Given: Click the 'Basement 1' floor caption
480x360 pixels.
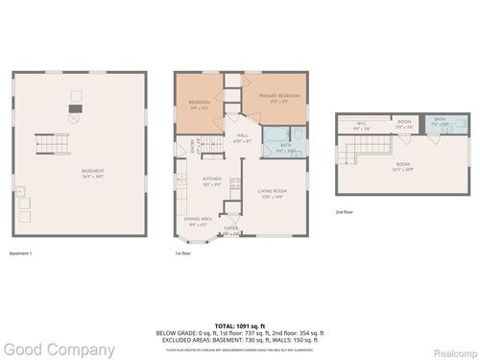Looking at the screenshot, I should click(x=21, y=253).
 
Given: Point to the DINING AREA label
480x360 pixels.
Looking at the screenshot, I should click(x=198, y=220).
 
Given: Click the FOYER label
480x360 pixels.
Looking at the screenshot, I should click(x=231, y=228).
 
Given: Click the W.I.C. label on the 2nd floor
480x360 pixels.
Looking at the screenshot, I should click(x=361, y=123).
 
